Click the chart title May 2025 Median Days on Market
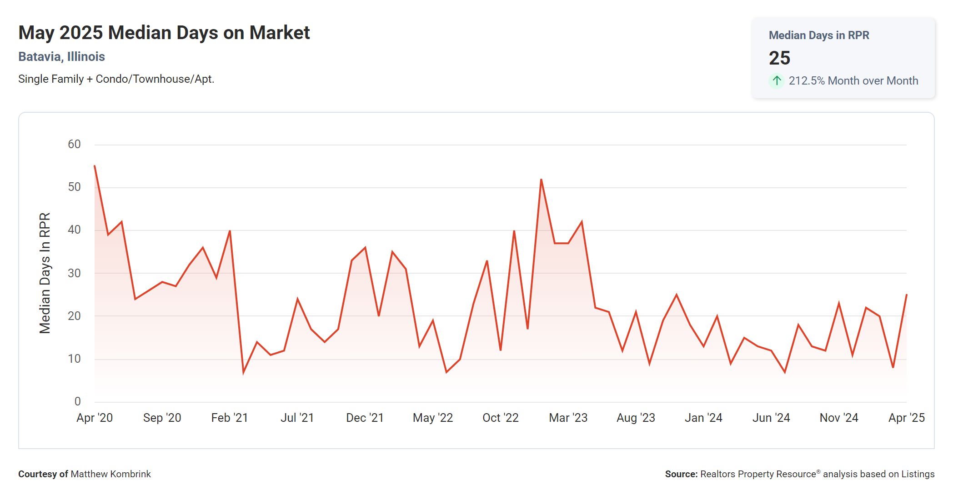click(164, 33)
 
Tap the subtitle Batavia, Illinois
click(61, 57)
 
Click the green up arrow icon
click(777, 81)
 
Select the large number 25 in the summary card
click(779, 58)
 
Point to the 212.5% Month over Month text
click(853, 81)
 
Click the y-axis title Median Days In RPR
click(45, 273)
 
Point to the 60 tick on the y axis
click(74, 145)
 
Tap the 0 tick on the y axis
click(78, 402)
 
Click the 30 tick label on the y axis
click(74, 273)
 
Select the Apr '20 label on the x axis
click(95, 418)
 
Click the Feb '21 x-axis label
click(230, 418)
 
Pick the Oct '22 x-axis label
click(500, 418)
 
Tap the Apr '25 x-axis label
click(906, 418)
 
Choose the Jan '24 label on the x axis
click(703, 418)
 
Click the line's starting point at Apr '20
click(95, 166)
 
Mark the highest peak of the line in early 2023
click(541, 180)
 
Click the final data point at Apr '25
click(906, 295)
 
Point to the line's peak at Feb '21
click(230, 231)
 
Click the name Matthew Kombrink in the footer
click(110, 474)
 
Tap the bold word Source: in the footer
click(681, 474)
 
